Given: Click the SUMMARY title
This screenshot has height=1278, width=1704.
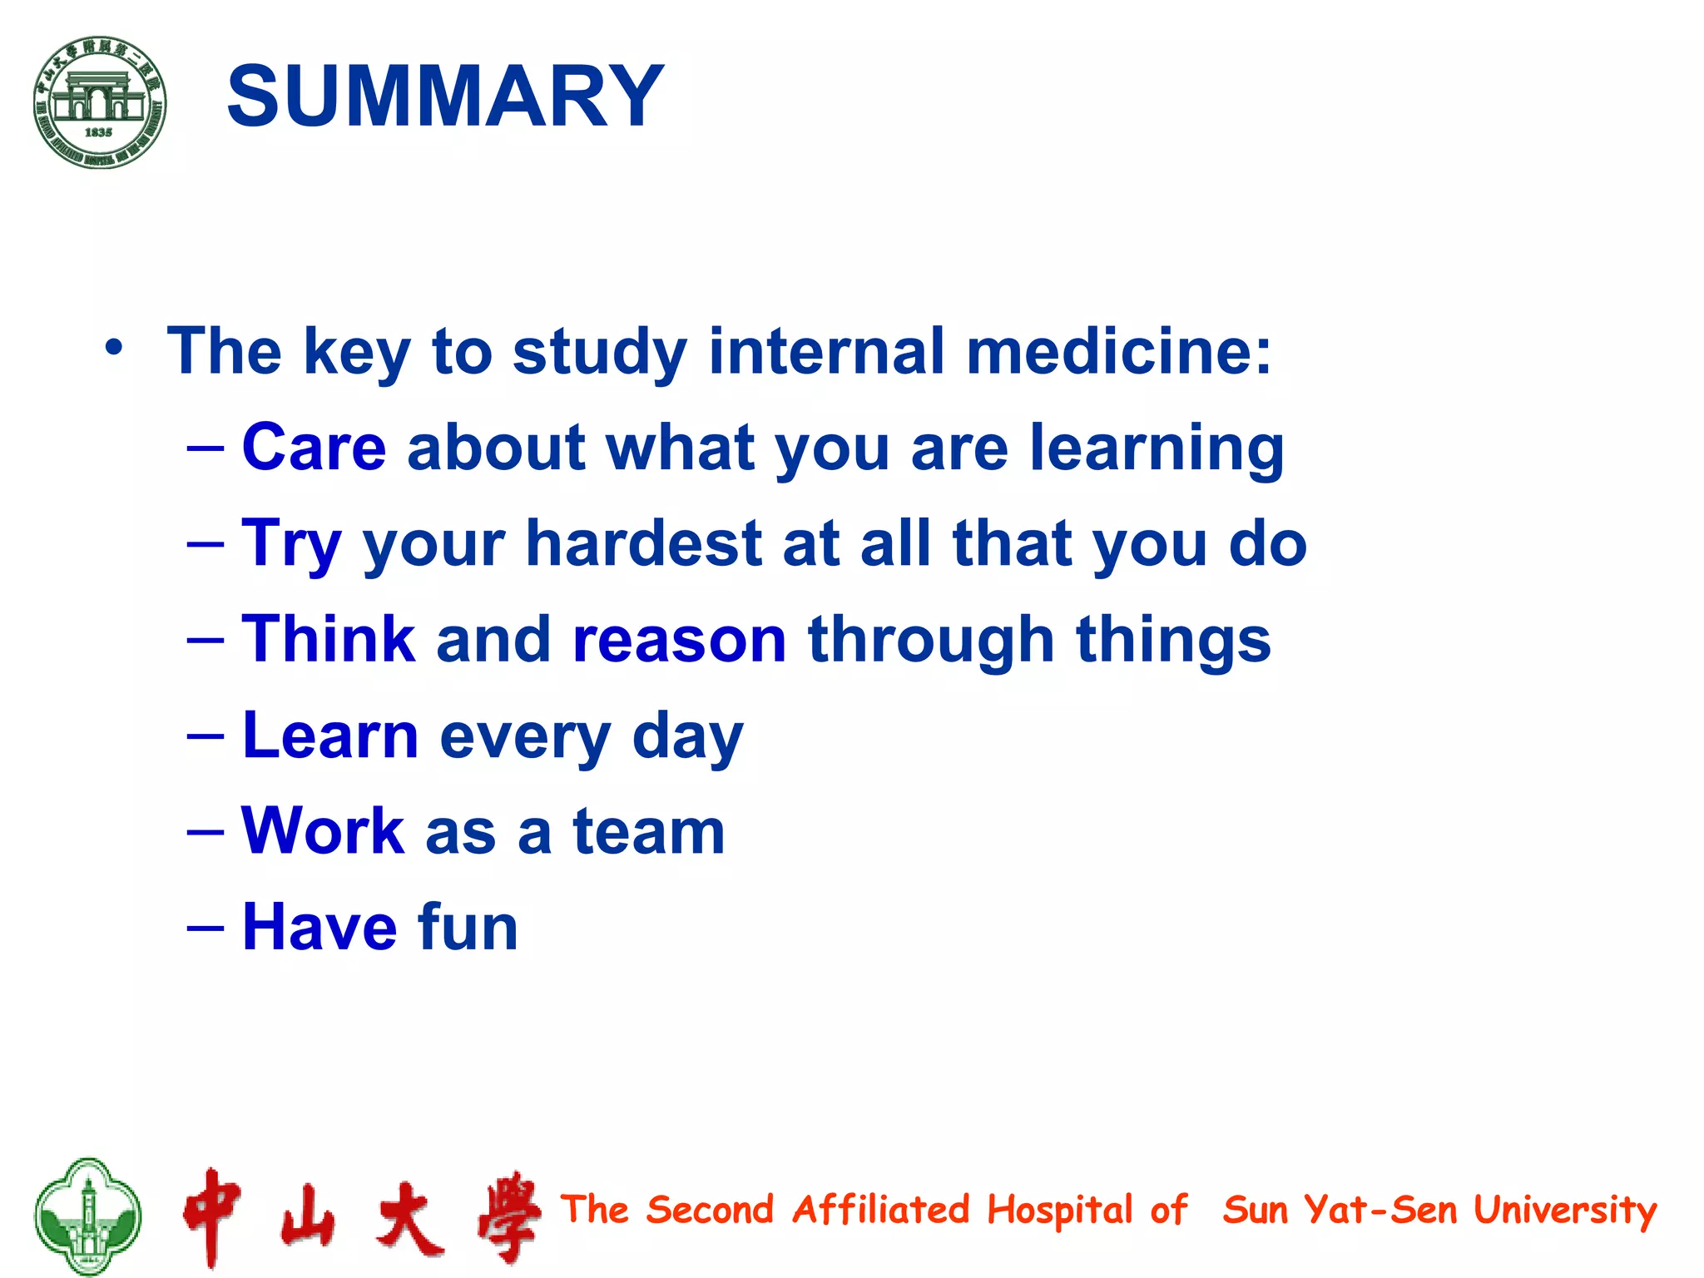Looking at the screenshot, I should [x=445, y=97].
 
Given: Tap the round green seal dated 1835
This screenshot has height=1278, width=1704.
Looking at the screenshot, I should [x=100, y=102].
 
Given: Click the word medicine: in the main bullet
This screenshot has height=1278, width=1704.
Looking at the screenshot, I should [x=1118, y=351].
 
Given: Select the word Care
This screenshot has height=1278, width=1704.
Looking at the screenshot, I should [x=314, y=448].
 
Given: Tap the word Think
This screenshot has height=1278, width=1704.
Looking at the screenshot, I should [x=329, y=639].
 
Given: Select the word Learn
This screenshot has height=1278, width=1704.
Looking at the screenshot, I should [x=330, y=736].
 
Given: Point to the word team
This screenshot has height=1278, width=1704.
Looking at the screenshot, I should [x=649, y=831].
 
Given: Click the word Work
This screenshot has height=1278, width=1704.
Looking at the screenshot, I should [x=323, y=831].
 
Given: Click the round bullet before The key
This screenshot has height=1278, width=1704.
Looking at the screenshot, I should [x=114, y=347].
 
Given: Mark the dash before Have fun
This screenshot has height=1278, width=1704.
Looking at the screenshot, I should [x=206, y=927].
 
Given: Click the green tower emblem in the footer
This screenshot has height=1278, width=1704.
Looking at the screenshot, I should [x=87, y=1216].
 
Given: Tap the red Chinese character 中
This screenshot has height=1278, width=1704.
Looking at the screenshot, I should [x=212, y=1216].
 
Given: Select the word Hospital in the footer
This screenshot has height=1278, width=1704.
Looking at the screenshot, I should [x=1059, y=1211].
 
